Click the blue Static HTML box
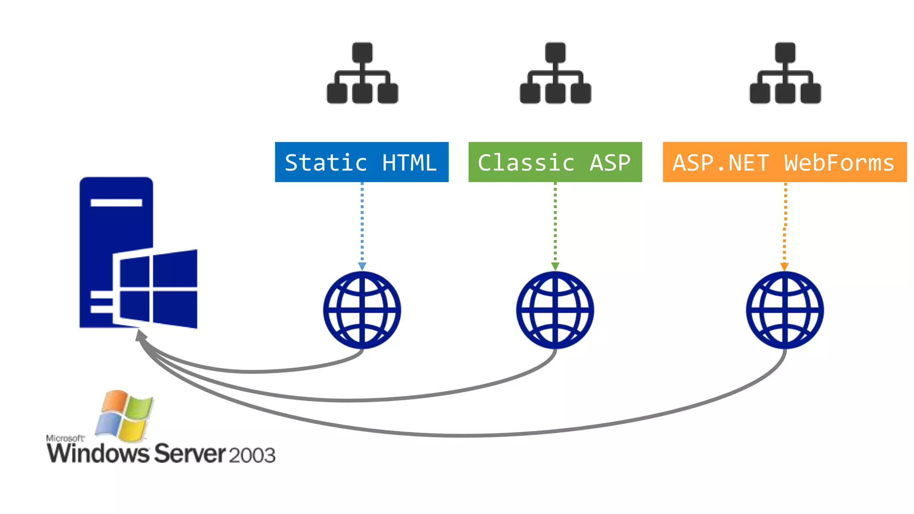[x=361, y=162]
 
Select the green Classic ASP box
[x=555, y=162]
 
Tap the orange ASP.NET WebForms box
[x=785, y=162]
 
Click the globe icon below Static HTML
[x=362, y=310]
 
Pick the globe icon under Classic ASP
[x=555, y=310]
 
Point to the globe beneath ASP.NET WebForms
[x=785, y=310]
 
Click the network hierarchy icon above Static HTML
[x=362, y=73]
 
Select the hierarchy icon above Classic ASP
[x=555, y=73]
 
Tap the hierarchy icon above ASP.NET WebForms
[x=785, y=73]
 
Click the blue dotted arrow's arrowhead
[x=362, y=266]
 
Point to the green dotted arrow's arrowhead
[x=555, y=266]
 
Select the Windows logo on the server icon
[x=156, y=289]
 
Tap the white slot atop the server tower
[x=116, y=203]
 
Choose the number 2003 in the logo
[x=252, y=455]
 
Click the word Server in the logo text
[x=190, y=453]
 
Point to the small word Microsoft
[x=65, y=438]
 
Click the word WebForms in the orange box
[x=839, y=163]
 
